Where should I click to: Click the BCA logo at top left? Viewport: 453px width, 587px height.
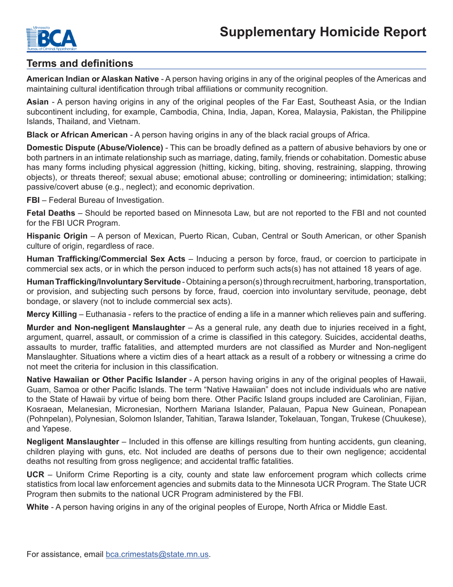tap(51, 38)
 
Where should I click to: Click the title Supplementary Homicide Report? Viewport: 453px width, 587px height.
tap(323, 32)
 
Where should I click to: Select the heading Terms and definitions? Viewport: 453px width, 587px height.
tap(80, 63)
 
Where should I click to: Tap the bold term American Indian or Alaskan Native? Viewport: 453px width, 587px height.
tap(93, 79)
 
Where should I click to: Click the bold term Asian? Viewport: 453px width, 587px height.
tap(38, 102)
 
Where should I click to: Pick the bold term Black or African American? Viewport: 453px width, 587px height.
tap(77, 135)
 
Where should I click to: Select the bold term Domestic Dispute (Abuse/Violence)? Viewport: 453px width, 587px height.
tap(94, 148)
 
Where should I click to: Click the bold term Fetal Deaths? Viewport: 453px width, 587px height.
tap(51, 213)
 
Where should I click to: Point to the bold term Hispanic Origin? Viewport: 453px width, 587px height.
tap(57, 236)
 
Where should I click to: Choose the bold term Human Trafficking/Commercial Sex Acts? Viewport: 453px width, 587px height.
tap(106, 259)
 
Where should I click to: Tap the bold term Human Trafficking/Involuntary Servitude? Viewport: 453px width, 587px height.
tap(103, 282)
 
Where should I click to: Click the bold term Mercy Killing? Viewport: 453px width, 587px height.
tap(51, 314)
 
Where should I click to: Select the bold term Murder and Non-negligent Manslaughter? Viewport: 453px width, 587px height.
tap(105, 328)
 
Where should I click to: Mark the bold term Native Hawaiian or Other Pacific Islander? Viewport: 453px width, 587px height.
tap(106, 380)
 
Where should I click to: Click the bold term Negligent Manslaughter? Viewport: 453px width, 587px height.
tap(72, 442)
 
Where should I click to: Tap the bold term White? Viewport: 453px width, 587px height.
tap(37, 507)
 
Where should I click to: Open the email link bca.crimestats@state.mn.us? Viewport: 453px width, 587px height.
tap(157, 555)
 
